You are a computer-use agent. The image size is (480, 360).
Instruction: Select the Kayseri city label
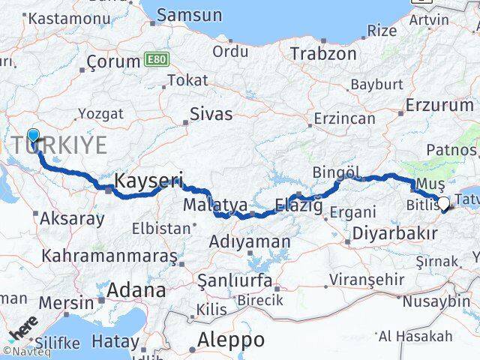click(x=149, y=181)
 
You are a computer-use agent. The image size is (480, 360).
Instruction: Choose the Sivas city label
click(x=210, y=115)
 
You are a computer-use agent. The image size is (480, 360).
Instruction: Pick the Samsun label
click(x=189, y=14)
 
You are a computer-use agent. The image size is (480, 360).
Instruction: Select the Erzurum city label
click(x=439, y=105)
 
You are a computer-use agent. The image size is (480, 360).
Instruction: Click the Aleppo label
click(x=230, y=340)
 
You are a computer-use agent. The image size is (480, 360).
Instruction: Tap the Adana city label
click(x=136, y=290)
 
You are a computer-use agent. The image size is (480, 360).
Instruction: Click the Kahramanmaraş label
click(x=109, y=256)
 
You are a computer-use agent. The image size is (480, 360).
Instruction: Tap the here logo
click(x=23, y=330)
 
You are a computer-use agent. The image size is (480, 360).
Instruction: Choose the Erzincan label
click(x=344, y=119)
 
